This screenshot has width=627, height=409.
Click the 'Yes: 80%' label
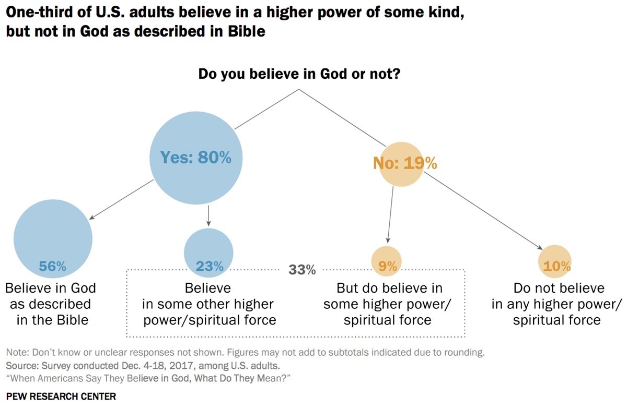(196, 158)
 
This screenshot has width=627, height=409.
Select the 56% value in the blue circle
(53, 267)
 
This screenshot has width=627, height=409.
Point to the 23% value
(209, 267)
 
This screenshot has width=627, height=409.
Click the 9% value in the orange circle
(388, 267)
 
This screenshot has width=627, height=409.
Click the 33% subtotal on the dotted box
(303, 270)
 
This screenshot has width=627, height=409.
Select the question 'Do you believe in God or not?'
(299, 74)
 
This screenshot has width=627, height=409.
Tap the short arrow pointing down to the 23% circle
(209, 215)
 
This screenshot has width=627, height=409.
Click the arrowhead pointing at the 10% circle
(540, 249)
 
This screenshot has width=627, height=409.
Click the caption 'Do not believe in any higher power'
(557, 304)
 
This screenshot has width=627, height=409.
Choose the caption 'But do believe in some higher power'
(388, 304)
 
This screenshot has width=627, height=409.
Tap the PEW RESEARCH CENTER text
(61, 396)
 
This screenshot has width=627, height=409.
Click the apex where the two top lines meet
(299, 89)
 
